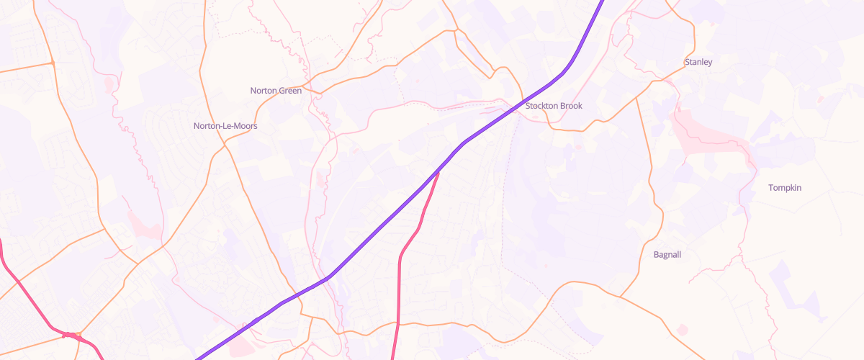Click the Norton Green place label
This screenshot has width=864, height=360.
pos(276,91)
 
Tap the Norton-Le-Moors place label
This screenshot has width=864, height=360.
pos(225,126)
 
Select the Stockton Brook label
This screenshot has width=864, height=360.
pos(554,106)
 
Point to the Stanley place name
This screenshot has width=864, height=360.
pos(698,63)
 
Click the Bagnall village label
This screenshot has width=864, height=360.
pos(667,255)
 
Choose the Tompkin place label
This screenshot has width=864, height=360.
pos(785,188)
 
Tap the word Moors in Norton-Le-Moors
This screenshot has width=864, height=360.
pos(245,126)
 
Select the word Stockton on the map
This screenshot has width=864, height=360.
pos(542,106)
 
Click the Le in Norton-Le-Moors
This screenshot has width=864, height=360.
pos(226,126)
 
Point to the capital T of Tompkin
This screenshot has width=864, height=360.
pos(771,188)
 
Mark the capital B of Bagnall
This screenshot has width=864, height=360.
pos(656,255)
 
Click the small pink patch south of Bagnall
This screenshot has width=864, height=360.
pos(682,330)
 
